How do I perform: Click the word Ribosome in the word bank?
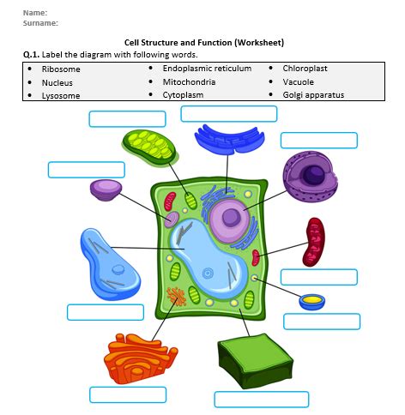pyautogui.click(x=61, y=69)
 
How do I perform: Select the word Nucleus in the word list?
pyautogui.click(x=57, y=82)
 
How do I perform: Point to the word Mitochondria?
pyautogui.click(x=189, y=81)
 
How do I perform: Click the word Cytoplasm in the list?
pyautogui.click(x=183, y=95)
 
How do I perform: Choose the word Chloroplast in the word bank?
pyautogui.click(x=305, y=68)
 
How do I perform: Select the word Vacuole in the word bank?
pyautogui.click(x=299, y=81)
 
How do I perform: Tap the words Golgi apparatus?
pyautogui.click(x=313, y=95)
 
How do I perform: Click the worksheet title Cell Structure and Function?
pyautogui.click(x=203, y=42)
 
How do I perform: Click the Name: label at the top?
pyautogui.click(x=35, y=12)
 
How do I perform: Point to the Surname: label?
pyautogui.click(x=40, y=23)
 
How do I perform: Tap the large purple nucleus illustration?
pyautogui.click(x=306, y=178)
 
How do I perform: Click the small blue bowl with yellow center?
pyautogui.click(x=312, y=301)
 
